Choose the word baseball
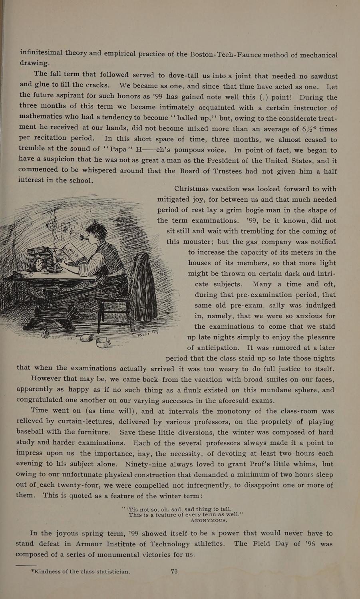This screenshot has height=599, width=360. click(x=35, y=432)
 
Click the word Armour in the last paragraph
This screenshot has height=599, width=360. click(x=113, y=544)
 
